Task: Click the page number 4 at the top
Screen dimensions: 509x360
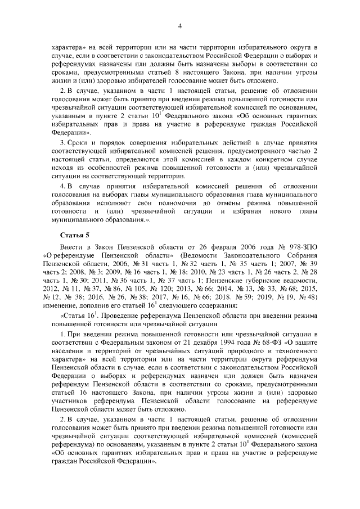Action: coord(180,25)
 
